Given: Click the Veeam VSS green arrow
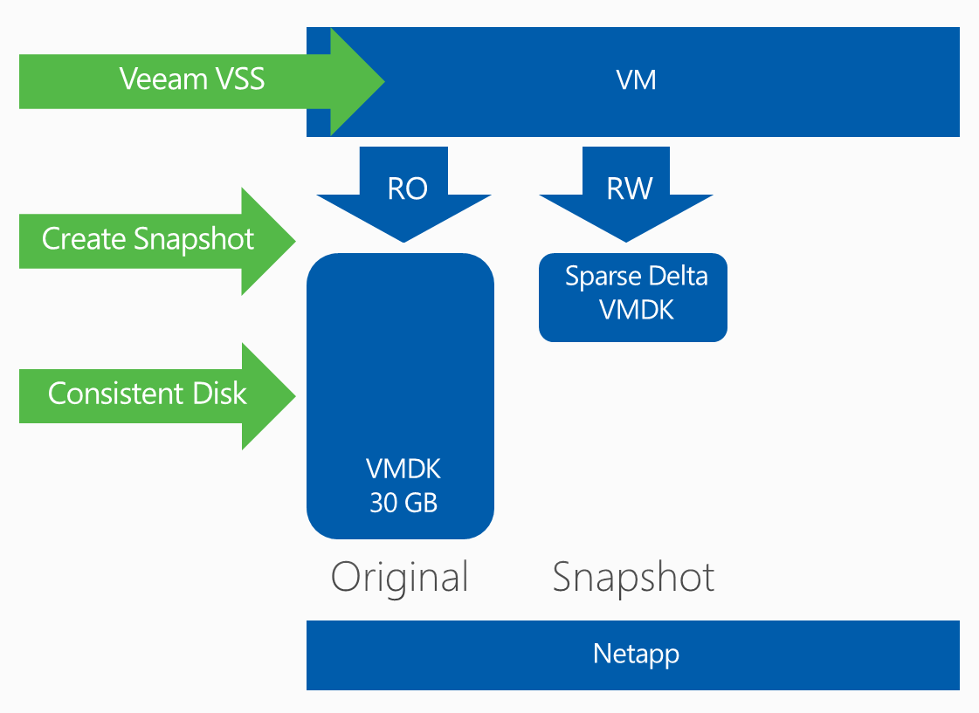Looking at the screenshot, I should point(192,81).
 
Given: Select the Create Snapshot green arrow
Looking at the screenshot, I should point(148,239).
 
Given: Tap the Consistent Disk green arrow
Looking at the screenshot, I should point(148,394).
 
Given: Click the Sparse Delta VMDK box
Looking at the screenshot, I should point(633,297).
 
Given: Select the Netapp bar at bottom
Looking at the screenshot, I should point(633,655).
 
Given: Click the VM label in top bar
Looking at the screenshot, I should point(636,81).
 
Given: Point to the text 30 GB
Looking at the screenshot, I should point(403,504).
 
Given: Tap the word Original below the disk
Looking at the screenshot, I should point(400,577).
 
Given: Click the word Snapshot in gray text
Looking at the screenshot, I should point(633,577).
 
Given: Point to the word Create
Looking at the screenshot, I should point(84,239).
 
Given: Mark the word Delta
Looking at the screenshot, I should point(678,277).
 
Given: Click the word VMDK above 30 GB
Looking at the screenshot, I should point(403,470).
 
